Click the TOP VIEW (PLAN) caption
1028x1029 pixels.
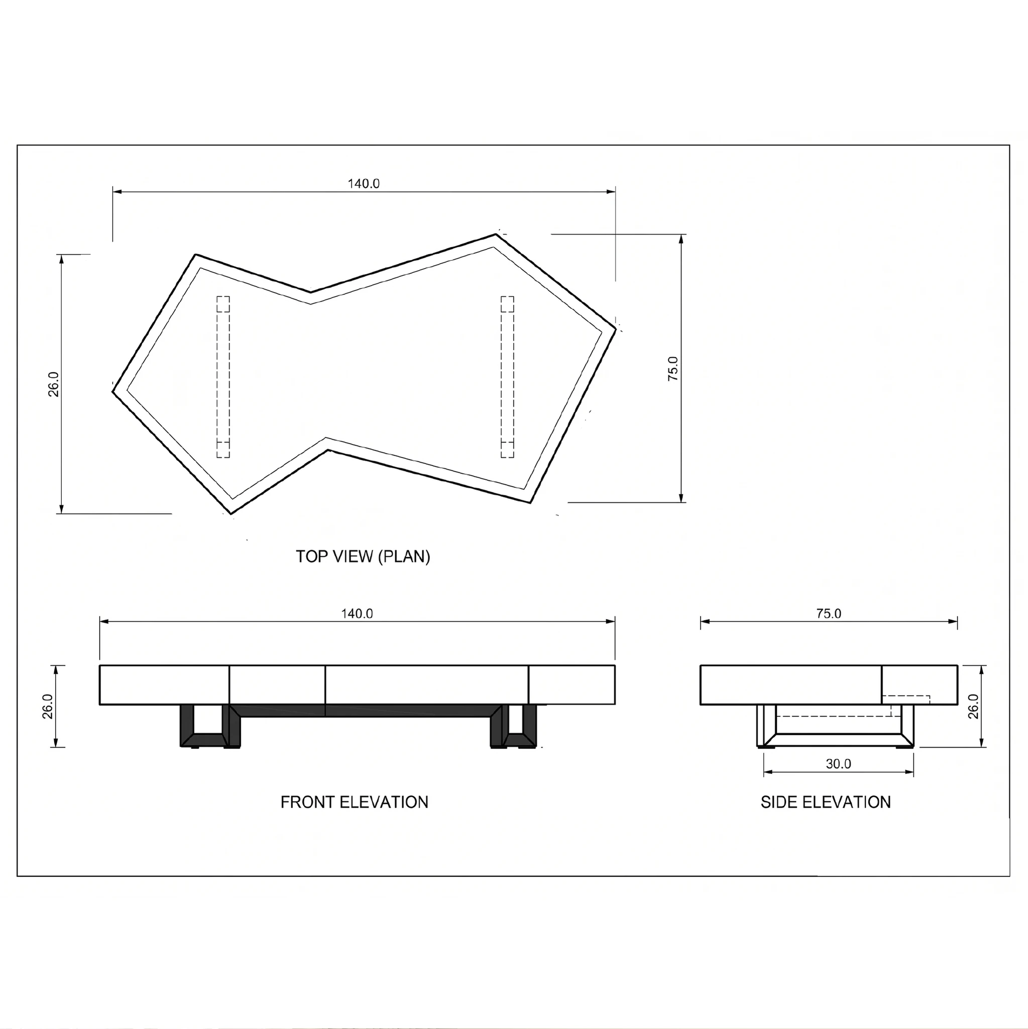363,557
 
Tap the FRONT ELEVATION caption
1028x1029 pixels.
355,802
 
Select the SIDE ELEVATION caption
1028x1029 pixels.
826,802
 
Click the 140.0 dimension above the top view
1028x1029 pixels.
364,184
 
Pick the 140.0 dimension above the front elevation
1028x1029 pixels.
357,613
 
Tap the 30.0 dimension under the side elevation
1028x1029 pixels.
839,764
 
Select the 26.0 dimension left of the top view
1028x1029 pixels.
54,384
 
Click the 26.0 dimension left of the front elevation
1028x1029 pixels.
47,706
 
